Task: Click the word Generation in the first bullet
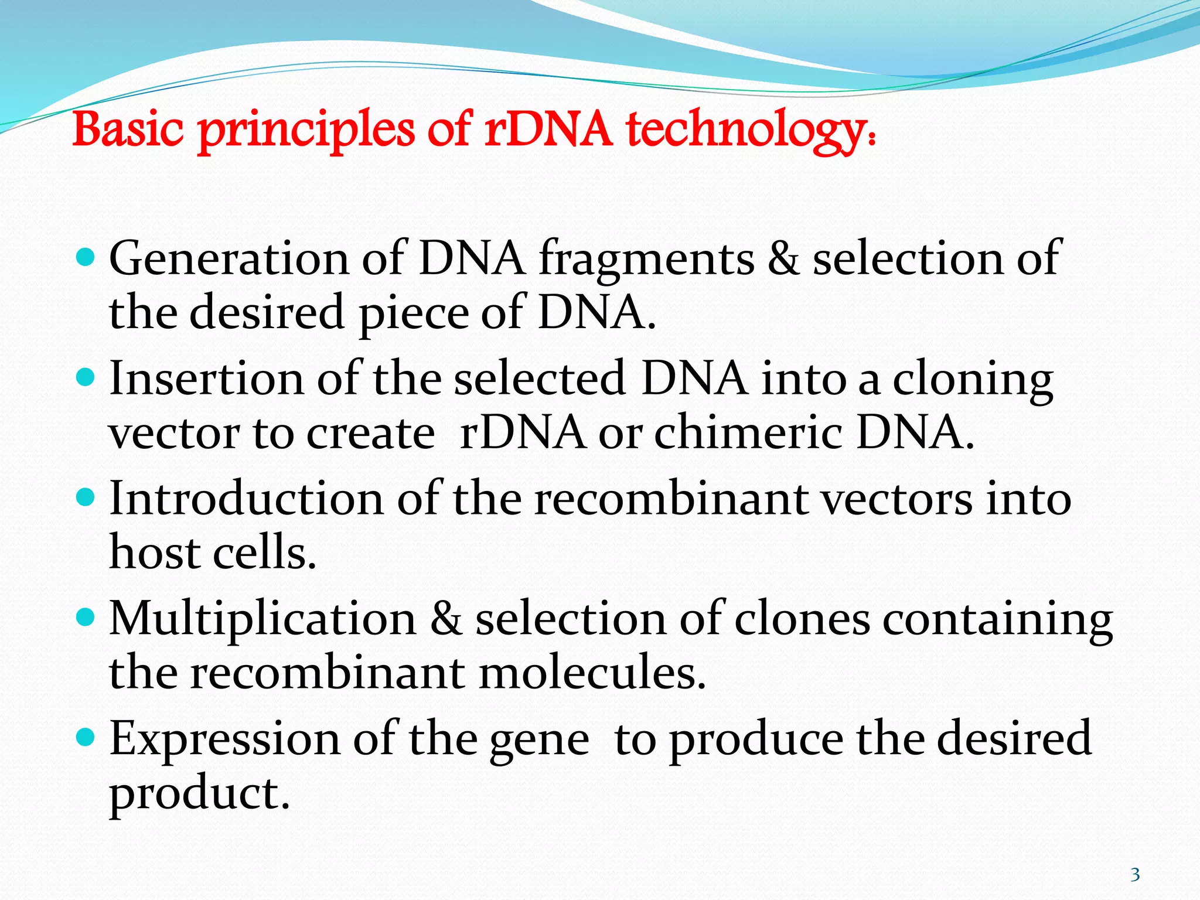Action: click(x=229, y=259)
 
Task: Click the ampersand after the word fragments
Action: click(x=783, y=259)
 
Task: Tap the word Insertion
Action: click(x=206, y=380)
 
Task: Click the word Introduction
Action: click(x=246, y=499)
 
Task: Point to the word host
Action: click(x=154, y=553)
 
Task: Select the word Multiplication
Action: click(x=262, y=620)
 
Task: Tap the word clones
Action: click(x=802, y=620)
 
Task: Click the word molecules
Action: click(x=592, y=673)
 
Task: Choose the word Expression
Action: click(x=224, y=740)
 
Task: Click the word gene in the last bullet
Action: click(x=539, y=742)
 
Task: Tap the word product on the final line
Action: click(x=200, y=795)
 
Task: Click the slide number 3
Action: click(x=1135, y=875)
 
